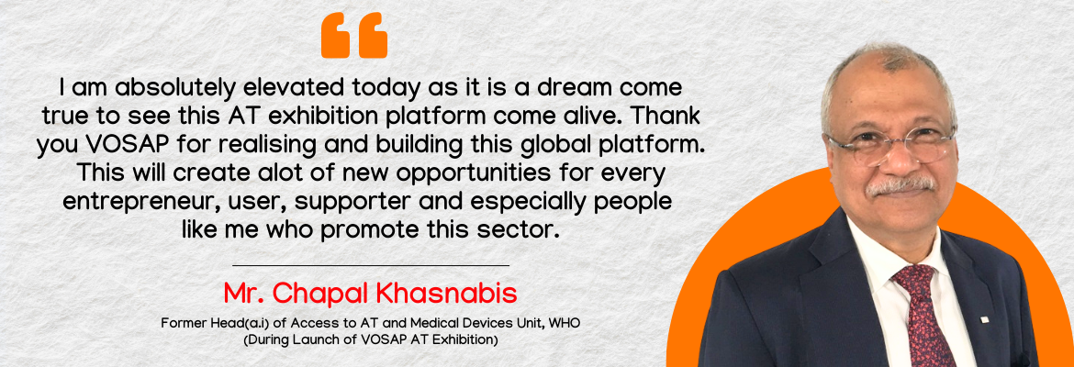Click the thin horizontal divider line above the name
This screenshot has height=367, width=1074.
(371, 264)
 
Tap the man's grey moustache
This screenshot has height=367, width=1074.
(900, 184)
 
